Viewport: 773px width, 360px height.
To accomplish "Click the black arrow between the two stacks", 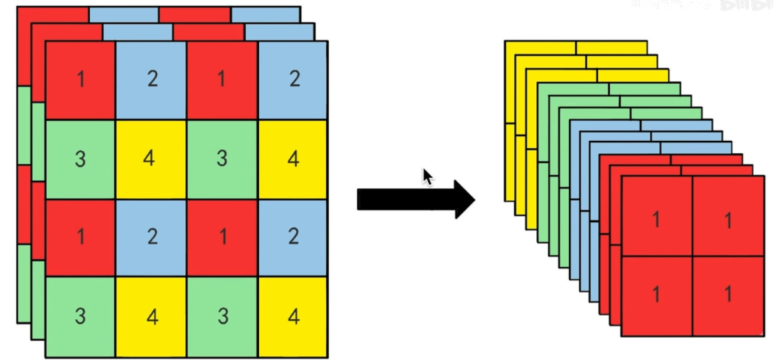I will pos(415,199).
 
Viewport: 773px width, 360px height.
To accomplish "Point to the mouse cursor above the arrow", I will pos(428,177).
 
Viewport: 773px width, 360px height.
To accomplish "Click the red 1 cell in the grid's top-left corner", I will pos(80,80).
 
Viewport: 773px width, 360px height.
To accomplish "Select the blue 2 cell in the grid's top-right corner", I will pos(293,80).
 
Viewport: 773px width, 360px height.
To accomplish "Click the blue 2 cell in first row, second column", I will pos(151,80).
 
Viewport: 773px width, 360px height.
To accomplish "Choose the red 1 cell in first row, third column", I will pos(222,80).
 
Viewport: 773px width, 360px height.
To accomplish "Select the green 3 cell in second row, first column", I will pos(80,159).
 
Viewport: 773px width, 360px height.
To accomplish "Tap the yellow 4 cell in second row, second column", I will pos(151,159).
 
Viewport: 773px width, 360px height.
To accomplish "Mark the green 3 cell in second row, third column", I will pos(222,159).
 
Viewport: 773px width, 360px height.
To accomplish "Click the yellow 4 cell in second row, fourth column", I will pos(293,159).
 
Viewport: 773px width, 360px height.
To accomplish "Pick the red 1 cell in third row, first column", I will pos(80,238).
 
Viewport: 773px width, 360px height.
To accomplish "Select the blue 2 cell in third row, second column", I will pos(151,238).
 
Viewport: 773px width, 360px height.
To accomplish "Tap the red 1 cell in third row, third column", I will pos(222,238).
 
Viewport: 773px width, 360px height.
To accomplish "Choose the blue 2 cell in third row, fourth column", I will pos(293,238).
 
